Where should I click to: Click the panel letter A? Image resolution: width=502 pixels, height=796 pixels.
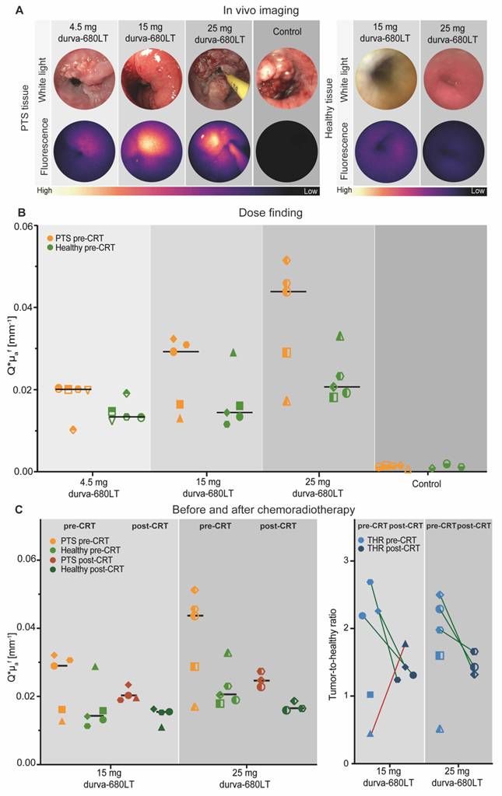pyautogui.click(x=19, y=9)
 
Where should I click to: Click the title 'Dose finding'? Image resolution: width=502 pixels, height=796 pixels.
pyautogui.click(x=270, y=212)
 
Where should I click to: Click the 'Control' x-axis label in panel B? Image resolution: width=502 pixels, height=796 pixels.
pyautogui.click(x=427, y=484)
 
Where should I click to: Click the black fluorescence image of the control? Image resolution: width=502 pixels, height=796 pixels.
pyautogui.click(x=286, y=152)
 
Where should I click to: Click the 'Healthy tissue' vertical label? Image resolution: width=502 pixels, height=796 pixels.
pyautogui.click(x=330, y=108)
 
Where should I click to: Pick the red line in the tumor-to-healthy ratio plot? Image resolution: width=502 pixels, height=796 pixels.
pyautogui.click(x=388, y=689)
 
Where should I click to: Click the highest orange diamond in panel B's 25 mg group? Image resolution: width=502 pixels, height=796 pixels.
pyautogui.click(x=286, y=260)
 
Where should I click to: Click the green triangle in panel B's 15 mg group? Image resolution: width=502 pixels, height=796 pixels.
pyautogui.click(x=233, y=352)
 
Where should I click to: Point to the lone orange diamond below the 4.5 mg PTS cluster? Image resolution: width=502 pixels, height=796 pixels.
pyautogui.click(x=73, y=430)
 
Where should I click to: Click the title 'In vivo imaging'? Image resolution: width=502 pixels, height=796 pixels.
pyautogui.click(x=262, y=10)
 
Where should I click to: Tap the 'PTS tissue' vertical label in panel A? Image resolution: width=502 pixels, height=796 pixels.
pyautogui.click(x=26, y=108)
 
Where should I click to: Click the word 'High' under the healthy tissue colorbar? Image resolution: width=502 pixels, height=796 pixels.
pyautogui.click(x=344, y=190)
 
